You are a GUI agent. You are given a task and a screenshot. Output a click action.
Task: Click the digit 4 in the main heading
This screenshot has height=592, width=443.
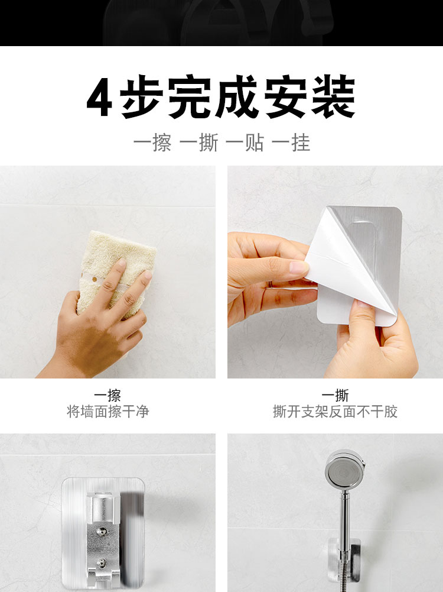100,98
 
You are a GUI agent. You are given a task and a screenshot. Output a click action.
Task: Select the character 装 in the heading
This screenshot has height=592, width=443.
333,97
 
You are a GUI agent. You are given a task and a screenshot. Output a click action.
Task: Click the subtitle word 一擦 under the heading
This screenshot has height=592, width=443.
152,143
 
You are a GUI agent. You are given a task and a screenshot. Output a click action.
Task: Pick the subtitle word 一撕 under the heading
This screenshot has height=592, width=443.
198,143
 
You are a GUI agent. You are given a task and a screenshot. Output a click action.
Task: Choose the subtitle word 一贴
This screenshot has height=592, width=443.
245,143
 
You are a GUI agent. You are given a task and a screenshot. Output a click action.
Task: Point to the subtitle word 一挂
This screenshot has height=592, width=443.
291,143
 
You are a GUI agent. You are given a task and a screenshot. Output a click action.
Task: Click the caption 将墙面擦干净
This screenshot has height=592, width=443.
108,412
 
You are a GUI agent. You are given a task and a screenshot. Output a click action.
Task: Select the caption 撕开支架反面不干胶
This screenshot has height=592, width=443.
335,412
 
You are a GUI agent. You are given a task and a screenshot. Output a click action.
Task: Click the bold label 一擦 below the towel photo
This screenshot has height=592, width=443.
108,396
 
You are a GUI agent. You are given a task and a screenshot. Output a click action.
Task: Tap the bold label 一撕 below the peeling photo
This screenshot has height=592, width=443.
335,396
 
